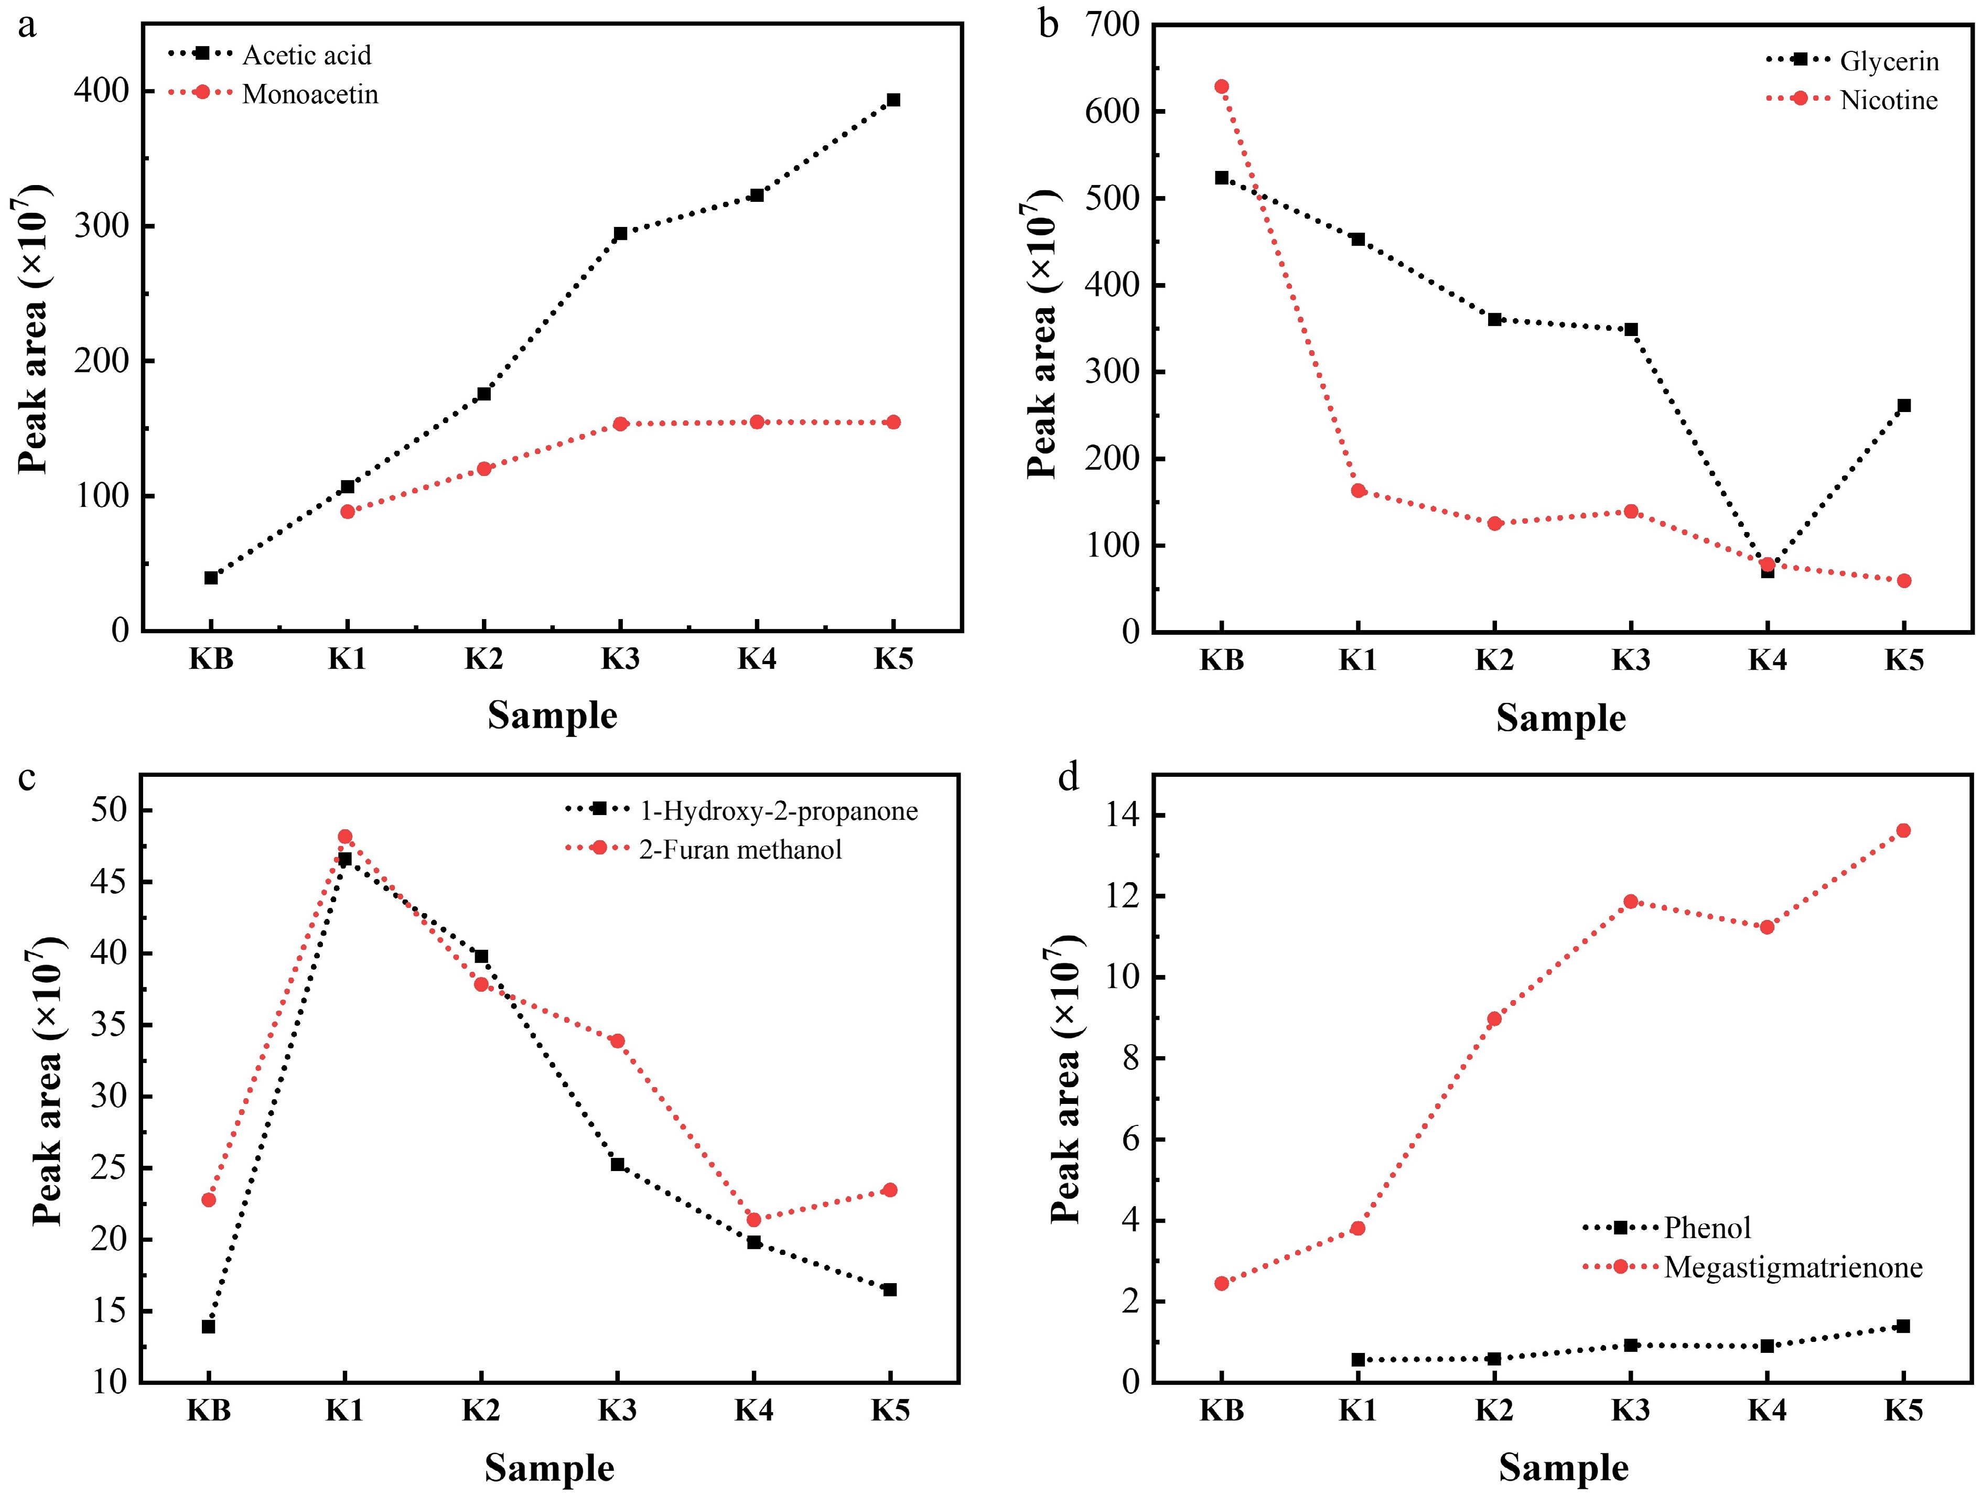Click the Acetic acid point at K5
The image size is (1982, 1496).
click(892, 100)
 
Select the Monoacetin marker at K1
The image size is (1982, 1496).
click(348, 512)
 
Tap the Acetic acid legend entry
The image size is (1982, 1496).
click(306, 56)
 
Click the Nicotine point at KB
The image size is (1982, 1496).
click(1221, 87)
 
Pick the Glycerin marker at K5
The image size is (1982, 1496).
click(1903, 406)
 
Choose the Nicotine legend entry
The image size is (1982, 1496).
click(1889, 100)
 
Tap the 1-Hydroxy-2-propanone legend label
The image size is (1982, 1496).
click(778, 811)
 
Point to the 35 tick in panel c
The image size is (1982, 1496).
click(109, 1025)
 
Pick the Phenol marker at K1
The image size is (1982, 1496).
click(1358, 1360)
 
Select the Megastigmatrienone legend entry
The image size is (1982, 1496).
click(1793, 1267)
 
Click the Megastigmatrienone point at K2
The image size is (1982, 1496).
click(1494, 1018)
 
